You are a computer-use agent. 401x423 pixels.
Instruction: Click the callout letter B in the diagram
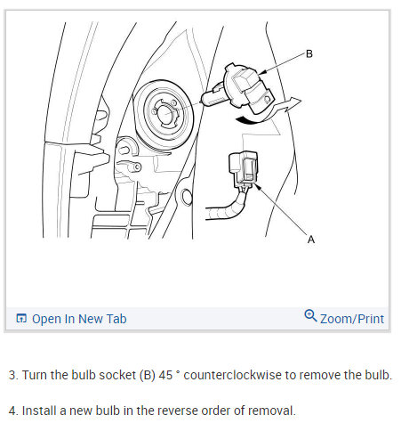coord(309,54)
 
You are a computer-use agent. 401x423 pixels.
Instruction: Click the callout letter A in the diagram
coord(311,240)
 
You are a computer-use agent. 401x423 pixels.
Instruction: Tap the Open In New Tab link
coord(79,319)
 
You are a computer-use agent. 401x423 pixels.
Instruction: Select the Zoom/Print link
coord(352,319)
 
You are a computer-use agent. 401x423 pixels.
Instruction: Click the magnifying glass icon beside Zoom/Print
coord(310,316)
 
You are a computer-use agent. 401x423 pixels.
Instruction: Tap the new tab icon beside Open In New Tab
coord(21,318)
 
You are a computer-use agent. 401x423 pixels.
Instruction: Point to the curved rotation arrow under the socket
coord(269,113)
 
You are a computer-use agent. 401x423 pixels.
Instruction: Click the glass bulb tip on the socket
coord(211,97)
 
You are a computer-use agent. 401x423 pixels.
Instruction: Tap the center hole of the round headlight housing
coord(164,114)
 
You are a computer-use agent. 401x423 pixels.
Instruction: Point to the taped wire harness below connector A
coord(227,207)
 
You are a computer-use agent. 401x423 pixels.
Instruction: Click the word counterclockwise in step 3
coord(232,375)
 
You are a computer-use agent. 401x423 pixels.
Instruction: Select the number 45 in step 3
coord(165,375)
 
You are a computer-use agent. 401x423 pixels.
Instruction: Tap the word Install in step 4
coord(39,411)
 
